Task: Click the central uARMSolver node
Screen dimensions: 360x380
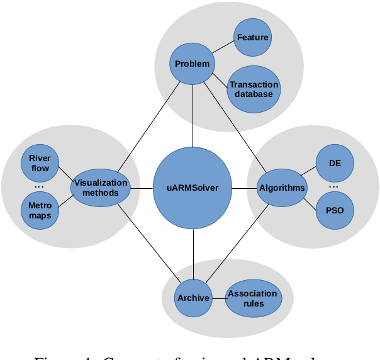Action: pyautogui.click(x=193, y=188)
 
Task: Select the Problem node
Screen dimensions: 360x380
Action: pyautogui.click(x=192, y=64)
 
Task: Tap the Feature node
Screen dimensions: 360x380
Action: pyautogui.click(x=252, y=37)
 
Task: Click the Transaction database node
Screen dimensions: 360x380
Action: pyautogui.click(x=254, y=89)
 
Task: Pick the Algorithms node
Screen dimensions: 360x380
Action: pyautogui.click(x=281, y=188)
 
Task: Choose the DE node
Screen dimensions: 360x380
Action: pyautogui.click(x=335, y=163)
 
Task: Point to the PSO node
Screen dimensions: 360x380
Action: pyautogui.click(x=335, y=210)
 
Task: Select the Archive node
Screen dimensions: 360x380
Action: pyautogui.click(x=193, y=298)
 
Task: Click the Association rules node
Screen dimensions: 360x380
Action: pyautogui.click(x=252, y=298)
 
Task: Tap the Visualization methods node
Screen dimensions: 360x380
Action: pyautogui.click(x=101, y=188)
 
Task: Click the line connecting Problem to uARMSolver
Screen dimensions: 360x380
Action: pyautogui.click(x=193, y=116)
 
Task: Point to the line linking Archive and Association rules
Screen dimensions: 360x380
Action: pyautogui.click(x=218, y=298)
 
